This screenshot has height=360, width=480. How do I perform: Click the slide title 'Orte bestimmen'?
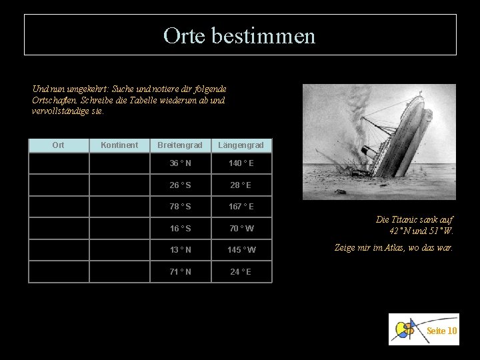tap(240, 35)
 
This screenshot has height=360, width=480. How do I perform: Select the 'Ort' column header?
tap(58, 145)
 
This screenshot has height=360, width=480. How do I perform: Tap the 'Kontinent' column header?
tap(119, 145)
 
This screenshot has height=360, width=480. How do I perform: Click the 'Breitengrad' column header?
tap(179, 145)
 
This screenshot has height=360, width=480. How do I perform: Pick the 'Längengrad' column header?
tap(241, 145)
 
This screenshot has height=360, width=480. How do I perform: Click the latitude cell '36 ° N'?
tap(179, 163)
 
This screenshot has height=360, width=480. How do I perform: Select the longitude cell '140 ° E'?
tap(241, 163)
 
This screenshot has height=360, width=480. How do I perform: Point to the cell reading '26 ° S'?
tap(179, 185)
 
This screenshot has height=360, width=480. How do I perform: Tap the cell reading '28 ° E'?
tap(241, 185)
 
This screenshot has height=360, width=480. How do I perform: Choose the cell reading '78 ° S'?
tap(179, 207)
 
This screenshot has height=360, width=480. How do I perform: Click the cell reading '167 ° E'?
tap(241, 207)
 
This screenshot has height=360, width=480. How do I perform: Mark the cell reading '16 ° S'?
tap(179, 229)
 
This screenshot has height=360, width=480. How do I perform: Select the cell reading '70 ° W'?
tap(241, 229)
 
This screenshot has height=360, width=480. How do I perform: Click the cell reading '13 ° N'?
tap(179, 250)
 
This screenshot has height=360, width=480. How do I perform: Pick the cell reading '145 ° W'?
tap(241, 250)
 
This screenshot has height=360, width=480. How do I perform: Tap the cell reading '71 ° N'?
tap(179, 272)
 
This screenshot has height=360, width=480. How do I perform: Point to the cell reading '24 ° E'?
tap(241, 272)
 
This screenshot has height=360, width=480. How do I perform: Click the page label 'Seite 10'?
tap(441, 331)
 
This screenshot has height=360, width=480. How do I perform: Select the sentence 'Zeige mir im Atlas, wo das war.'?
tap(393, 247)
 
